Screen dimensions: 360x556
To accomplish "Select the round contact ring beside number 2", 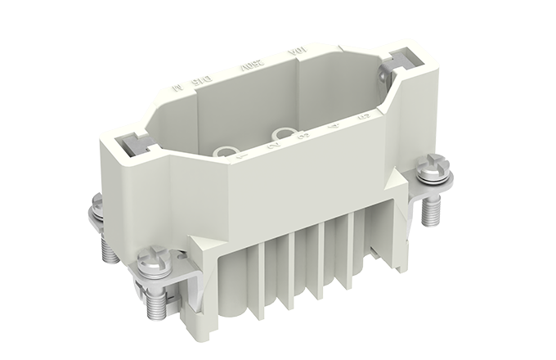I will (x=283, y=131).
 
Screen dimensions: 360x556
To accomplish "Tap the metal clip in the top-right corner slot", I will (x=402, y=59).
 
